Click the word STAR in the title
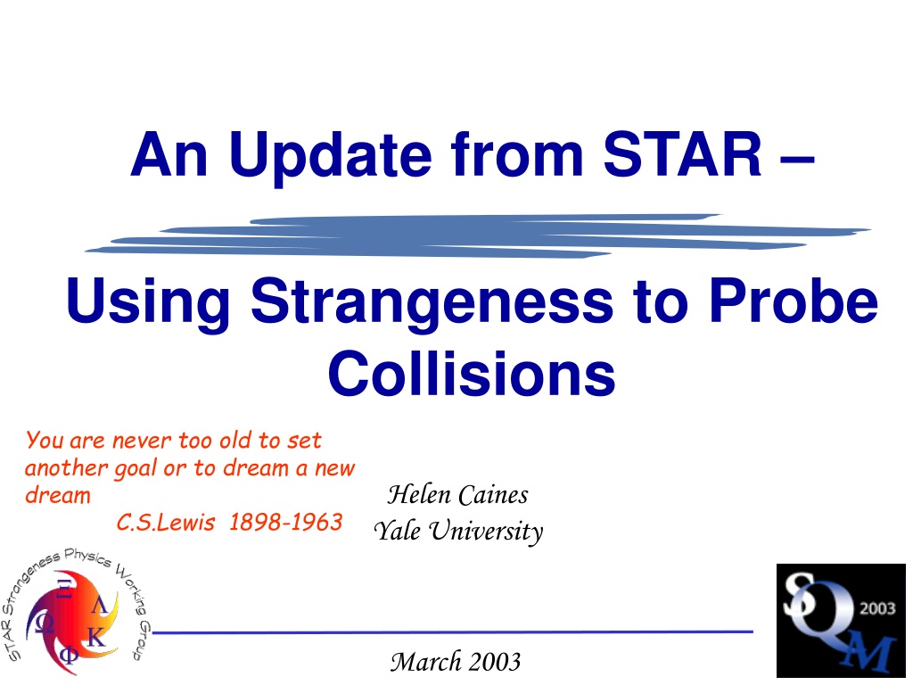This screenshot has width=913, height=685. (x=682, y=153)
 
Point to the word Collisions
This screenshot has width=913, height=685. (x=472, y=374)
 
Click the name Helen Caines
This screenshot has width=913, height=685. (x=458, y=494)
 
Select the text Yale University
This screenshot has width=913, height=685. (x=458, y=531)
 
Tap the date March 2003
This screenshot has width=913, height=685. (x=456, y=661)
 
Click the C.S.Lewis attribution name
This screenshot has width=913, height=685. (x=166, y=522)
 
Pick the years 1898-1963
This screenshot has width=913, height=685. (x=285, y=522)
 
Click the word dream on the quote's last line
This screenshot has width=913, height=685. (x=58, y=495)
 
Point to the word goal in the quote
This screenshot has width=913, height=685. (x=136, y=469)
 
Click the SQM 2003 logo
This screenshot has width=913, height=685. (x=841, y=621)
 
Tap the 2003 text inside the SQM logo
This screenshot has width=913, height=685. (x=877, y=608)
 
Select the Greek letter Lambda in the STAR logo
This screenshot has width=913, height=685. (x=99, y=606)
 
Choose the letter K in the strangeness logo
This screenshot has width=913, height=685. (x=96, y=637)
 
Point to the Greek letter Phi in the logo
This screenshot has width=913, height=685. (x=69, y=656)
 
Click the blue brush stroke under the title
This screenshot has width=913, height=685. (x=478, y=235)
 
